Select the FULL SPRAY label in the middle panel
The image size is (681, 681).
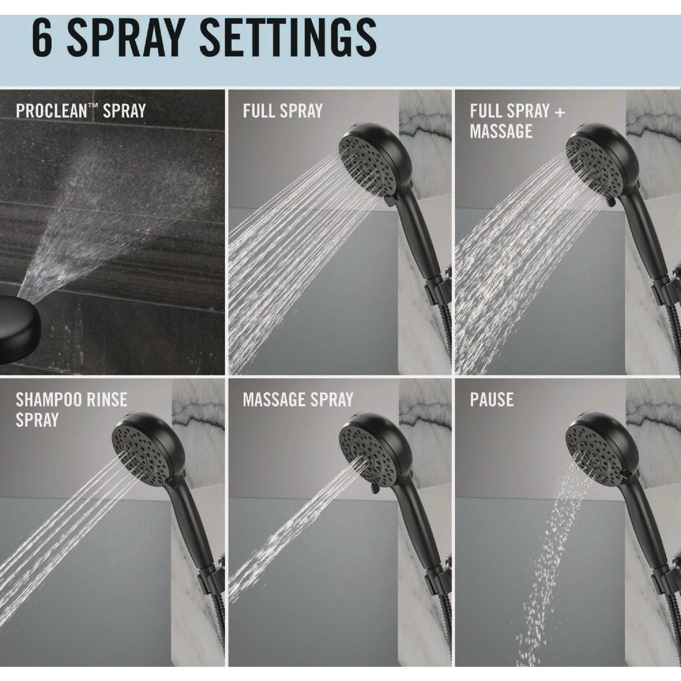coord(282,110)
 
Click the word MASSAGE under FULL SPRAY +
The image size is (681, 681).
coord(501,132)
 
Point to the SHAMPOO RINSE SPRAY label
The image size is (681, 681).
coord(72,410)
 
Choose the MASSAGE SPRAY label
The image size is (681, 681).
coord(298,400)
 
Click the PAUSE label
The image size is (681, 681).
coord(491,400)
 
